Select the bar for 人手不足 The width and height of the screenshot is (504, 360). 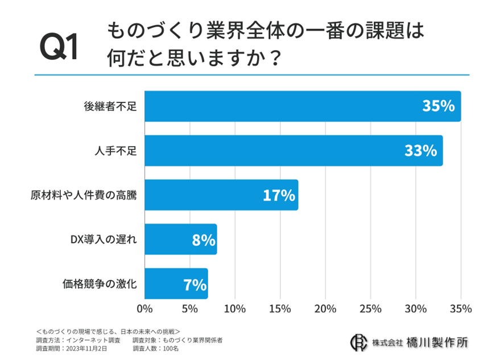point(293,150)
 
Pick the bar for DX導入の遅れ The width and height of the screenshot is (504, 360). point(180,239)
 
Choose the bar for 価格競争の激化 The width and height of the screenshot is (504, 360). point(176,284)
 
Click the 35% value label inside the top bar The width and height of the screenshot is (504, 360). point(438,106)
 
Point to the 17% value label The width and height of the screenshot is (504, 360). point(279,196)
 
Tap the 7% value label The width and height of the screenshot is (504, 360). point(195,284)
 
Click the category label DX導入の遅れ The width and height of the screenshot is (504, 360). point(104,239)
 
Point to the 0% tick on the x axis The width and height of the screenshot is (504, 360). point(144,309)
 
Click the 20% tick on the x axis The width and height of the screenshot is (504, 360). point(325,309)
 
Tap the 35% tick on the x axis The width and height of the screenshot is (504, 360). point(460,309)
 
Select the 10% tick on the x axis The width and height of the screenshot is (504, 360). point(235,309)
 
